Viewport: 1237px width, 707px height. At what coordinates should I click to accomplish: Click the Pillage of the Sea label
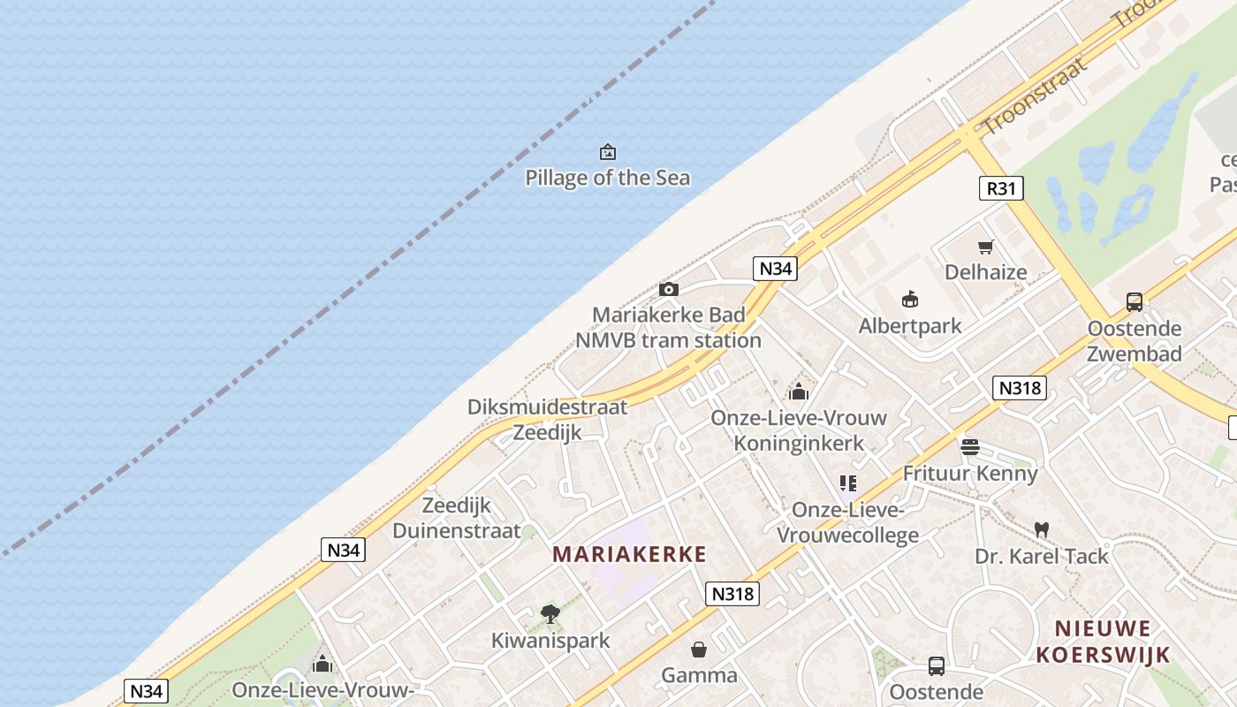608,178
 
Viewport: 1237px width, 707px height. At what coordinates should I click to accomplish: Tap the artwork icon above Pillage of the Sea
608,152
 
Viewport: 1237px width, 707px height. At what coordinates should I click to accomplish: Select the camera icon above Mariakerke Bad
669,289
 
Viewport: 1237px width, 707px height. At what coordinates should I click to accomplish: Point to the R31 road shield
1001,187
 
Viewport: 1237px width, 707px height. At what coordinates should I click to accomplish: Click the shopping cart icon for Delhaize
986,247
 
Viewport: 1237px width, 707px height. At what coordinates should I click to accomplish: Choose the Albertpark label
910,326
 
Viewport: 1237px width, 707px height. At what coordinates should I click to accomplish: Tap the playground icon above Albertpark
910,300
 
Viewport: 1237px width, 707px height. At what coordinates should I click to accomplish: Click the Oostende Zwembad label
1135,341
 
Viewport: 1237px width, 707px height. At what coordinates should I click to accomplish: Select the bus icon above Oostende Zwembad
1135,302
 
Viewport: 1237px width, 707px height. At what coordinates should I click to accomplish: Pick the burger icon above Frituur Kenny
970,447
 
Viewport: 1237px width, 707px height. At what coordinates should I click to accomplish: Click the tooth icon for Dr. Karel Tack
1042,530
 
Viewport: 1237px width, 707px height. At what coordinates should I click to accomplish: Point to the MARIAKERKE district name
629,554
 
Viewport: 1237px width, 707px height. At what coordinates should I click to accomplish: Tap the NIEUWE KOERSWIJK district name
1104,642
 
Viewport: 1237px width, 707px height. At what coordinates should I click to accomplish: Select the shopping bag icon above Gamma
699,650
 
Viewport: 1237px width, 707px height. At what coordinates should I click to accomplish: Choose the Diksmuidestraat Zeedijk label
547,420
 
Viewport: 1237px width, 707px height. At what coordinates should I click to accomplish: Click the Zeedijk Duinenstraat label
456,518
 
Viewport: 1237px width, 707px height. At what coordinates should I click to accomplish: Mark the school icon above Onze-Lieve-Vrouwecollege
848,483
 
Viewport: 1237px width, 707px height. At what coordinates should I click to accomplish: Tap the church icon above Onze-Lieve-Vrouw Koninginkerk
799,392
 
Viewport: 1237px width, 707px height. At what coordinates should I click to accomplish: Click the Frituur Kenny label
970,474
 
